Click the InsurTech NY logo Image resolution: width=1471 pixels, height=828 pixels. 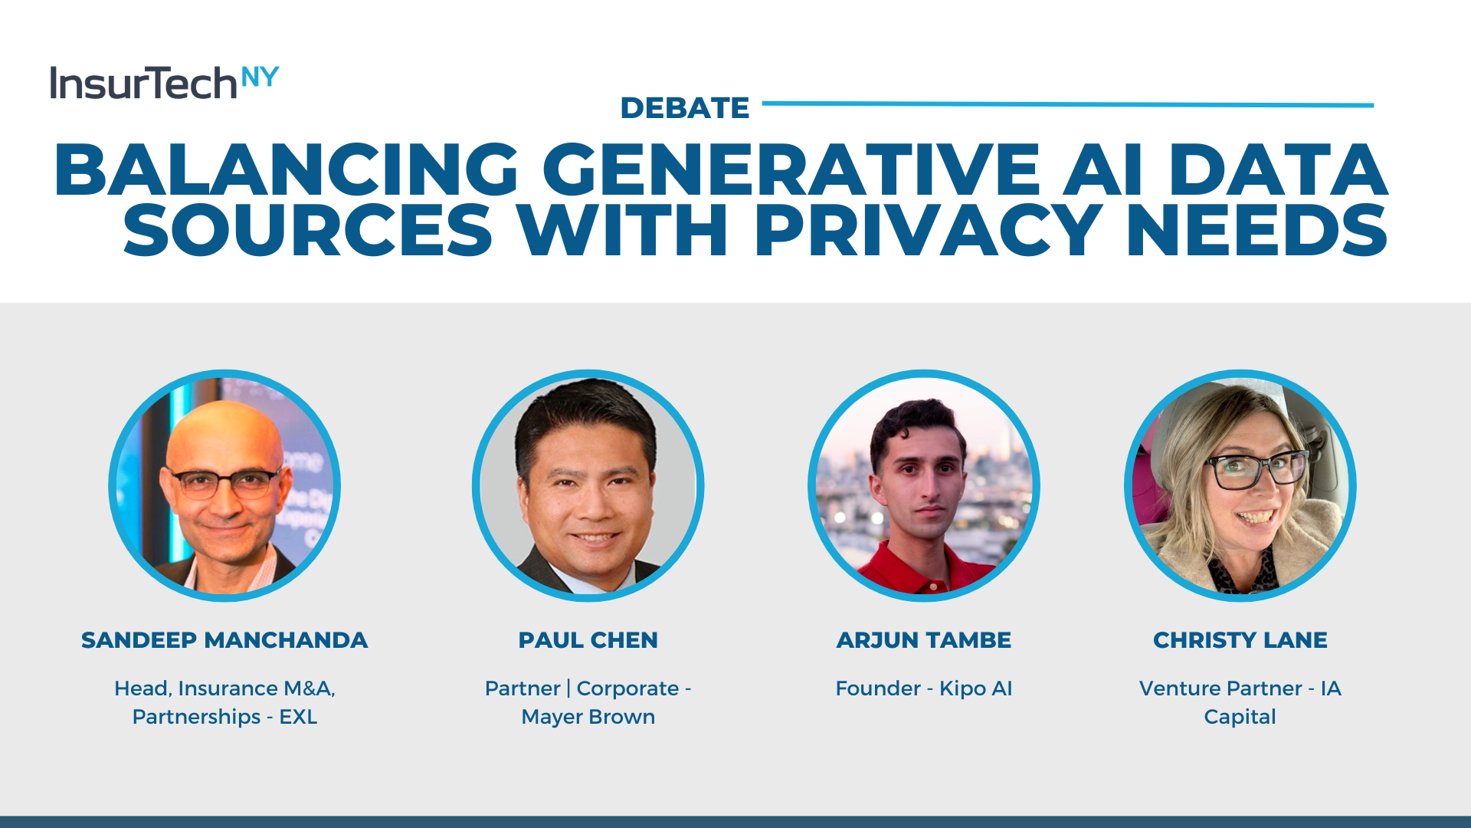click(165, 83)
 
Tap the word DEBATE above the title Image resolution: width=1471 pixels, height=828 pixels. click(685, 108)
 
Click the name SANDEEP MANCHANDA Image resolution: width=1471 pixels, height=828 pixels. click(224, 640)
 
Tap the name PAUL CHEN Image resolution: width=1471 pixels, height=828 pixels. click(588, 640)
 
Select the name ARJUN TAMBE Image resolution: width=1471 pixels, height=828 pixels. click(924, 640)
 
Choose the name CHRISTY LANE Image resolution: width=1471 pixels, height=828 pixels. click(1240, 640)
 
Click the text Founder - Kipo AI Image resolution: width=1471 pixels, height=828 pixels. click(924, 688)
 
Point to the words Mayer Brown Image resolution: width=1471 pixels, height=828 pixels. click(588, 717)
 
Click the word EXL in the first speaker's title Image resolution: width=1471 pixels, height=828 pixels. click(298, 717)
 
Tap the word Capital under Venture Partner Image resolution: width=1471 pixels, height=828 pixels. click(1240, 717)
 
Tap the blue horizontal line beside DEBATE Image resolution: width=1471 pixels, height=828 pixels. click(1068, 104)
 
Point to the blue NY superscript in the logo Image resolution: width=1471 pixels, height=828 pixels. click(260, 77)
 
